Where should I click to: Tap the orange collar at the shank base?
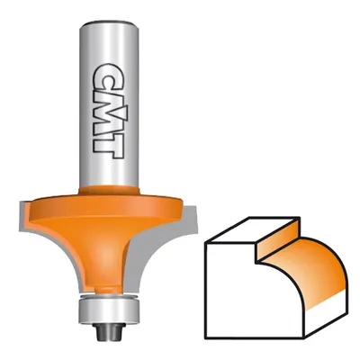click(x=109, y=191)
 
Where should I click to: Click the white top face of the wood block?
click(x=252, y=231)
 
